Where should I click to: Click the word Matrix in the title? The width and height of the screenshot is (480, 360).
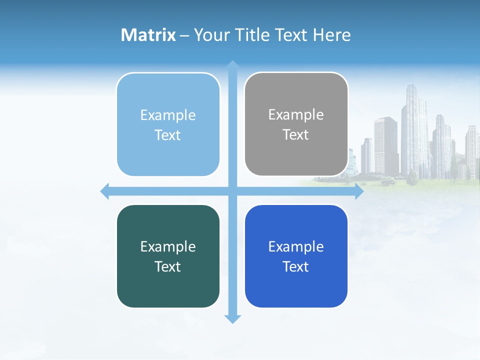[148, 35]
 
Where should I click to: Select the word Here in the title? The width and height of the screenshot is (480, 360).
[332, 35]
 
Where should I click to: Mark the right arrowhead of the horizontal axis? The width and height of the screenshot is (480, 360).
[359, 191]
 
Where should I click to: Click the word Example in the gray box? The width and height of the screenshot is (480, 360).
[296, 115]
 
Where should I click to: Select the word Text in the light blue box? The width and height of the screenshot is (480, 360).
[168, 135]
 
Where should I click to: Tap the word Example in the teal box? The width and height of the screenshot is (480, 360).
[168, 246]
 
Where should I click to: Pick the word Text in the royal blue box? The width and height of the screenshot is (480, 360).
[296, 267]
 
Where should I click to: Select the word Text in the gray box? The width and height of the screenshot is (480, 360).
[296, 135]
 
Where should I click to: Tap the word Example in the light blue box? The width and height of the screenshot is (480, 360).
[168, 115]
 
